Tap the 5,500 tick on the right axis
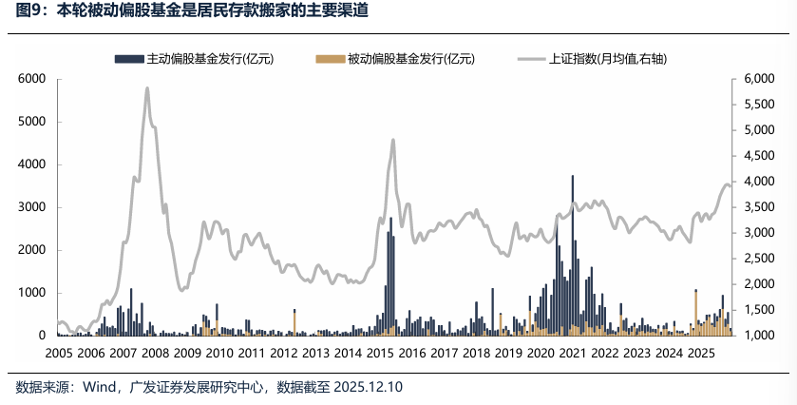(x=758, y=105)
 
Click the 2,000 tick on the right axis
(x=758, y=284)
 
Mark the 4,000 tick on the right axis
(x=758, y=182)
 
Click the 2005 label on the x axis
(x=59, y=353)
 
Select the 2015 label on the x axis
(x=379, y=353)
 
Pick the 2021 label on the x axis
(x=572, y=353)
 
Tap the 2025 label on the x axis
(x=700, y=353)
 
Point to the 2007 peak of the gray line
(x=147, y=88)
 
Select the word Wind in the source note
(x=99, y=388)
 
